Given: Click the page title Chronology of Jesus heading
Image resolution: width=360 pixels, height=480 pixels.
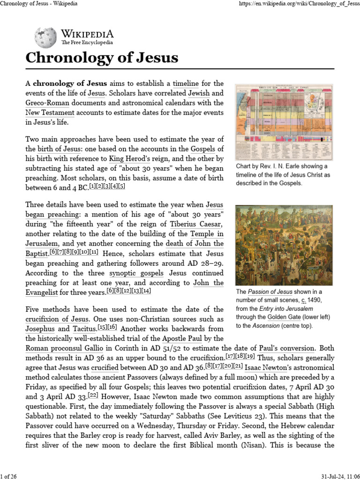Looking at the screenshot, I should pyautogui.click(x=102, y=58).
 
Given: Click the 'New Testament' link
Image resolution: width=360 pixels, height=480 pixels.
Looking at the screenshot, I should pyautogui.click(x=50, y=112).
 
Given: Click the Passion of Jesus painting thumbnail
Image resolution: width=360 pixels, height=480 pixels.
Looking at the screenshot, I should pyautogui.click(x=284, y=245).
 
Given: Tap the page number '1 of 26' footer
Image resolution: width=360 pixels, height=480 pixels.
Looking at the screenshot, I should pyautogui.click(x=9, y=476).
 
